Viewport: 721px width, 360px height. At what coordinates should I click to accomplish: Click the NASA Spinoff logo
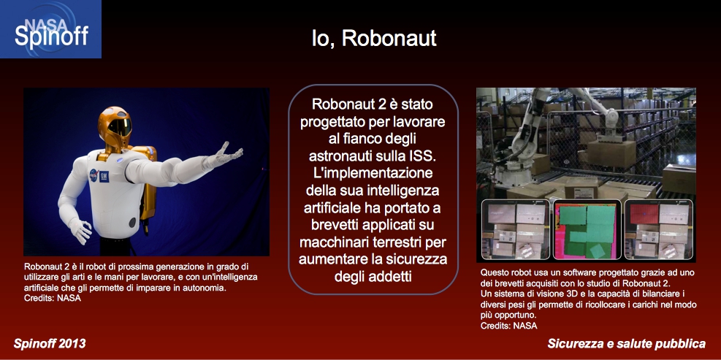pos(50,29)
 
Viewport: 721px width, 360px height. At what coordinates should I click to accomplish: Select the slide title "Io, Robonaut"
pos(374,39)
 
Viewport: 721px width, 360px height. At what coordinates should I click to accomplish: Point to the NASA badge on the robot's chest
pos(94,175)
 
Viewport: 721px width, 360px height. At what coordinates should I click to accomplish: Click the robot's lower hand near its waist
pos(80,231)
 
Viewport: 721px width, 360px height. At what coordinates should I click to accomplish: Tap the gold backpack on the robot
pos(148,184)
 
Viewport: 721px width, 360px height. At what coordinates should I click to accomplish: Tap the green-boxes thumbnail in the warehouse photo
pos(587,230)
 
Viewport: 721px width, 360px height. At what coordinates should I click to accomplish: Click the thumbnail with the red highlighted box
pos(658,229)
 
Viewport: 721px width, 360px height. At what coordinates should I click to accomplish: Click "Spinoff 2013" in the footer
pos(50,343)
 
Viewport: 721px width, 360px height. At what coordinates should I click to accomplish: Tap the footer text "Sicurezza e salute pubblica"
pos(626,343)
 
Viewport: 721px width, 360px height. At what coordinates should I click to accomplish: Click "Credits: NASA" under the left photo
pos(53,299)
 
